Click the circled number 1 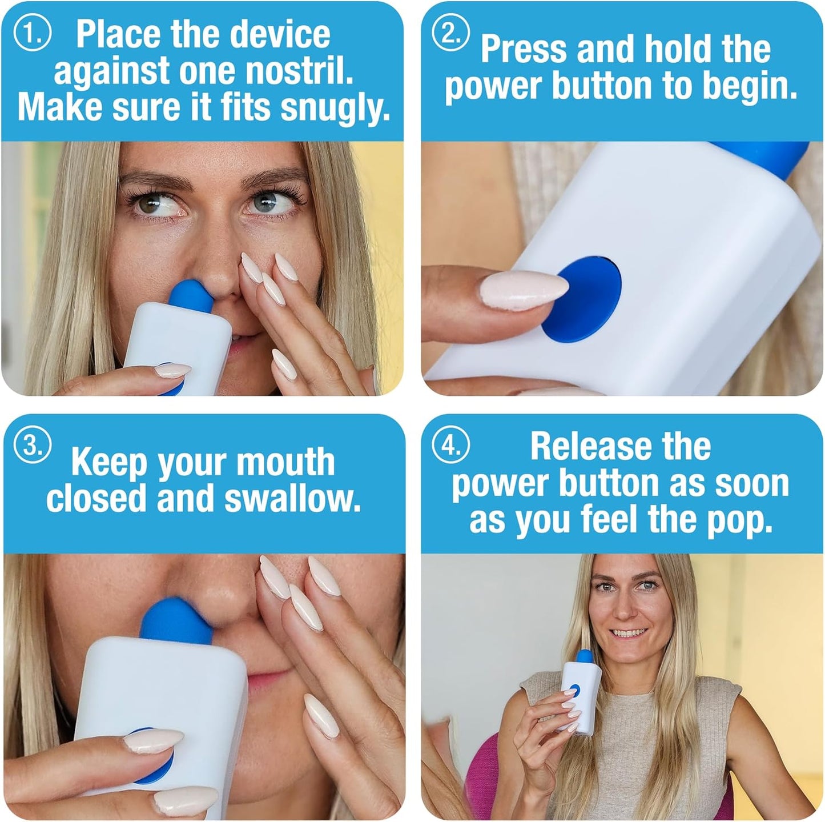(x=32, y=34)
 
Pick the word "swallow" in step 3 (x=293, y=499)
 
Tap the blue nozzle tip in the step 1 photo (x=191, y=295)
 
